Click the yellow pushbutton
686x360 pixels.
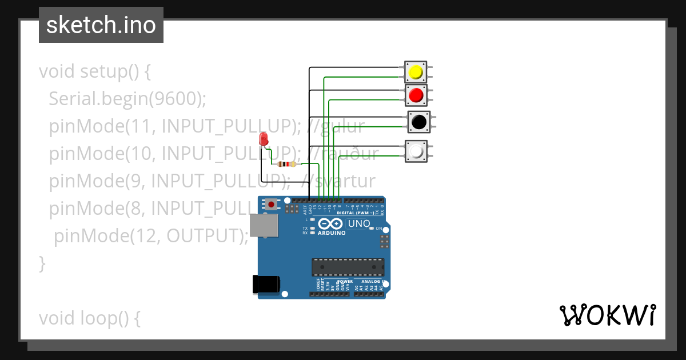click(416, 72)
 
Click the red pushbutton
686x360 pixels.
click(416, 95)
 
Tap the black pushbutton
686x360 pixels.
click(418, 122)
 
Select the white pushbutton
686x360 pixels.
click(416, 151)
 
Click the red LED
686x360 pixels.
click(264, 139)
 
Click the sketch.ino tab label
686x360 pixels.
click(101, 25)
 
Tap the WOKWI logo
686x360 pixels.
click(607, 315)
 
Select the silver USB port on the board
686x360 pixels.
click(264, 225)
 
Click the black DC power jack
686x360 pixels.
click(266, 284)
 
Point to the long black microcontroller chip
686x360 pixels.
click(347, 267)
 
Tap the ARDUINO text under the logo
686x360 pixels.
click(331, 233)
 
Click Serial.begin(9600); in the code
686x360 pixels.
click(127, 99)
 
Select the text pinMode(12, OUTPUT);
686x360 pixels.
click(151, 235)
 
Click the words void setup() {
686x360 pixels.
click(94, 72)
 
